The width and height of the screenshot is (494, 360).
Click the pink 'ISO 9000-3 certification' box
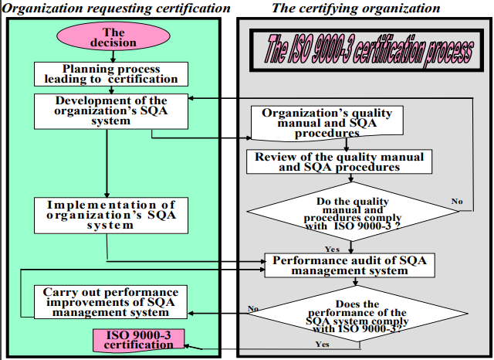pos(139,340)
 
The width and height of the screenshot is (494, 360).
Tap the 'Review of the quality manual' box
pos(338,161)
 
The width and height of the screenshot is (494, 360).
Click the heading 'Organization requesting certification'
pos(117,8)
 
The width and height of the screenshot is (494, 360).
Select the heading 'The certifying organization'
pos(356,8)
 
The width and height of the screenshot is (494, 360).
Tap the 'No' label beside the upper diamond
pos(457,202)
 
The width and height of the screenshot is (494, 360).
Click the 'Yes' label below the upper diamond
pos(333,249)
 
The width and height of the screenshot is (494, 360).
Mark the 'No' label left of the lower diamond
pos(252,308)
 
